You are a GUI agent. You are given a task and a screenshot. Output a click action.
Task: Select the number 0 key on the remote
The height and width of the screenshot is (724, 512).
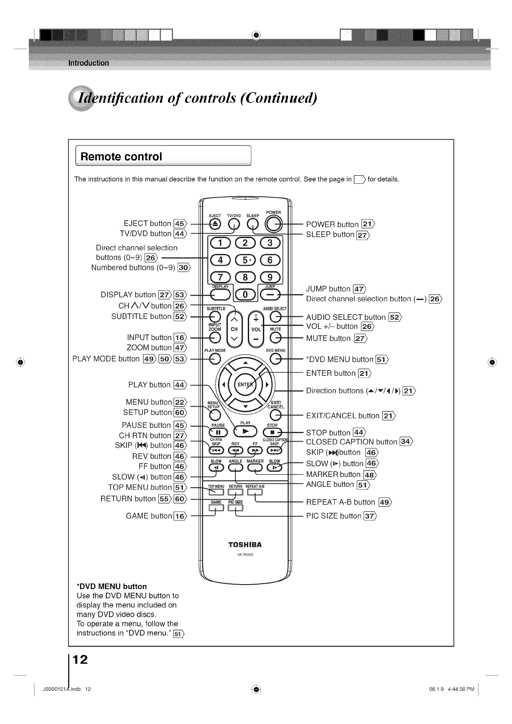tap(245, 294)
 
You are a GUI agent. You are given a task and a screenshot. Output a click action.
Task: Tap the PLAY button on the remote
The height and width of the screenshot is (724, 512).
tap(245, 432)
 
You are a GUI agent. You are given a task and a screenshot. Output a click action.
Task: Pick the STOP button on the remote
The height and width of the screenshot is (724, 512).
tap(272, 432)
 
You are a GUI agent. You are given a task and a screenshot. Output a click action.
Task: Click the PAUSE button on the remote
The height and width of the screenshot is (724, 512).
tap(218, 432)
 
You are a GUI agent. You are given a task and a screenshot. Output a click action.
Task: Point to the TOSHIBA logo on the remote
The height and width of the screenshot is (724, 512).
tap(245, 545)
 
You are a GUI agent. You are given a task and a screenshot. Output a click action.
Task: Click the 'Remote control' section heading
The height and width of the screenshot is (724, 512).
tap(121, 156)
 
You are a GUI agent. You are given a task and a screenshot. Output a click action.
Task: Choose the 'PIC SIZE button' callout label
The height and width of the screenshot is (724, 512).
tap(334, 516)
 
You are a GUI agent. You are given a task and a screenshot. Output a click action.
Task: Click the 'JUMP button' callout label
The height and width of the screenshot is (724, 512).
tap(328, 289)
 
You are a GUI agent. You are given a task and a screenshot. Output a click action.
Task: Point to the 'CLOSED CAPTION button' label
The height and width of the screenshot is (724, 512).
tap(352, 442)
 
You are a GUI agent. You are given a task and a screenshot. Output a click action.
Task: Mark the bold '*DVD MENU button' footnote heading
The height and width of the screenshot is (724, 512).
tap(111, 586)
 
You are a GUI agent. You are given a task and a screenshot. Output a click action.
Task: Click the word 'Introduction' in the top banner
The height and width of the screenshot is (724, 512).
tap(89, 63)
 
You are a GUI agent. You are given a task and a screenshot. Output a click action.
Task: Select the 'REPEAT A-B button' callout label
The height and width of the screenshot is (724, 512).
tap(340, 502)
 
